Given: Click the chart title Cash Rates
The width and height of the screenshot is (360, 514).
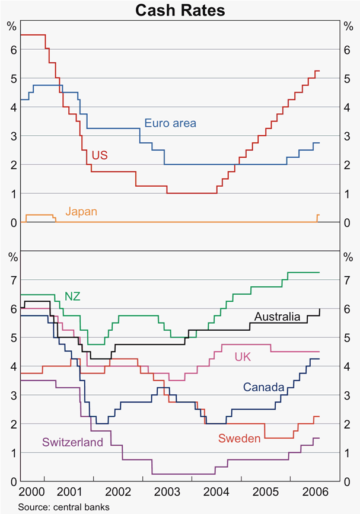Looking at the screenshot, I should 180,10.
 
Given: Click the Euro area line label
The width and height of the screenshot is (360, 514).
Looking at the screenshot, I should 170,123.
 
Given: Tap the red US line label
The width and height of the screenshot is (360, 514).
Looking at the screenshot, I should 100,155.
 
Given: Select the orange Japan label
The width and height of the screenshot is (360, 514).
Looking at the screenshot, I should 81,211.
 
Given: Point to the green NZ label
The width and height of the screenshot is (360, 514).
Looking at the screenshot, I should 72,296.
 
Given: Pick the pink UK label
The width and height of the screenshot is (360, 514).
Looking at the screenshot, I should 243,357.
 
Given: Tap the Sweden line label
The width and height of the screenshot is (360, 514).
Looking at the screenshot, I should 240,439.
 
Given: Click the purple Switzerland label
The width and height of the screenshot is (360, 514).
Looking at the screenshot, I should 72,442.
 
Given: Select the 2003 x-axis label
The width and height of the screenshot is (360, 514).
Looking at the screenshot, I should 168,492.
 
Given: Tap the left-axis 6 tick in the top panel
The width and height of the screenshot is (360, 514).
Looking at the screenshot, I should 12,50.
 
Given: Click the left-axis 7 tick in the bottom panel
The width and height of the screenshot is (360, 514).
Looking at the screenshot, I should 12,280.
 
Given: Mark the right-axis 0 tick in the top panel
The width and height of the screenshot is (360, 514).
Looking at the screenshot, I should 348,222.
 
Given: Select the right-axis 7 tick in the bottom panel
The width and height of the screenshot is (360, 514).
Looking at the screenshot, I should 348,280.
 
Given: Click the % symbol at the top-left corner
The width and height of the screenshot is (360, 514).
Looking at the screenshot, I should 11,25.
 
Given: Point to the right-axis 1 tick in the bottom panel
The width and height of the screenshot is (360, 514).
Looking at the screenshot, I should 348,452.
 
